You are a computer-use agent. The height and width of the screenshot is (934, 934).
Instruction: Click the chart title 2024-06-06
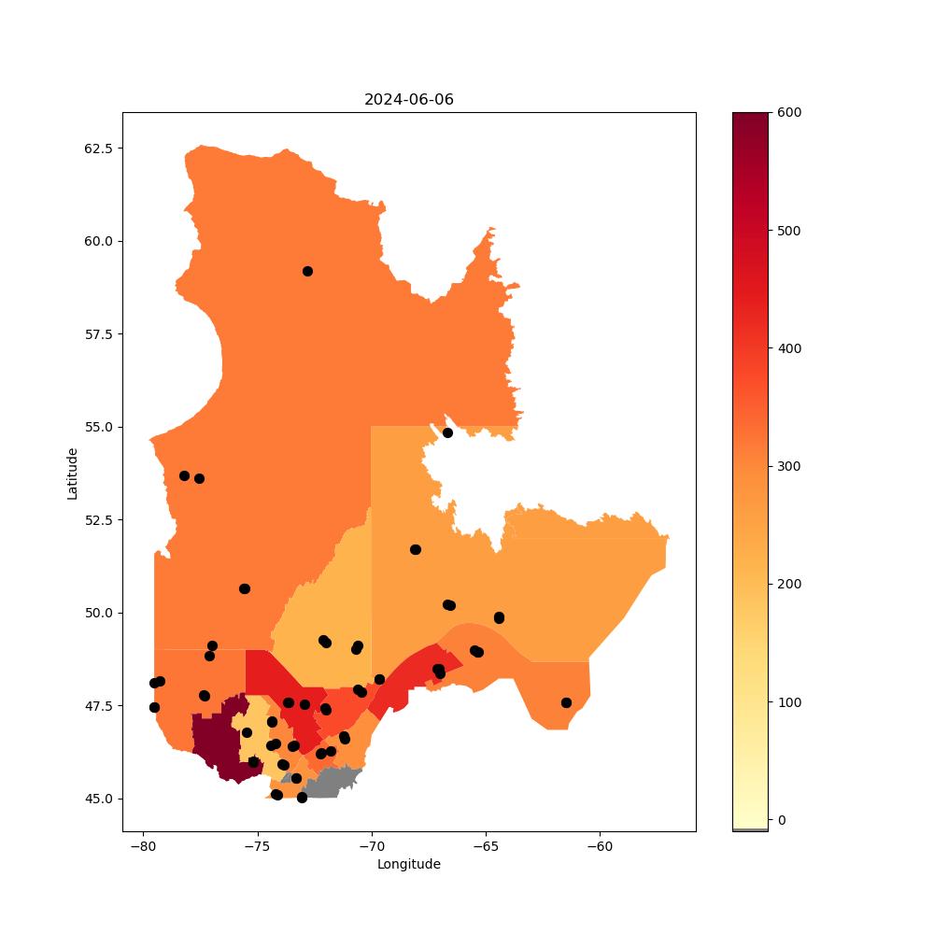click(x=409, y=100)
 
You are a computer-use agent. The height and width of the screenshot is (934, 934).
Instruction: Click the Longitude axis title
click(x=409, y=864)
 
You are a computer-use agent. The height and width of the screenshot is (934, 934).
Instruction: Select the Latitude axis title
click(x=72, y=474)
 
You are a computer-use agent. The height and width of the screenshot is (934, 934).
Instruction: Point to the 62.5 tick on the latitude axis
click(x=98, y=149)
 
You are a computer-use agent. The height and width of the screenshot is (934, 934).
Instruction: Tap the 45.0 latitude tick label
click(x=98, y=799)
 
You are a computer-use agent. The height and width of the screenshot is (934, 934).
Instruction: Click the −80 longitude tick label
click(x=143, y=847)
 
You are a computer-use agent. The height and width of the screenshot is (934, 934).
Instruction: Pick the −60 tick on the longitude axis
click(x=600, y=847)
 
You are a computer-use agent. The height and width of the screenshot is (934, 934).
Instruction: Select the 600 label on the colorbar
click(x=789, y=113)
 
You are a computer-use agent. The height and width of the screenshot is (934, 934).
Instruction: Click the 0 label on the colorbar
click(x=782, y=820)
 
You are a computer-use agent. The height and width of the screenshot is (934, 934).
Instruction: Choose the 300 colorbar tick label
click(x=789, y=466)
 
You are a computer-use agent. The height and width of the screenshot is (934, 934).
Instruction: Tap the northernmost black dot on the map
click(x=307, y=272)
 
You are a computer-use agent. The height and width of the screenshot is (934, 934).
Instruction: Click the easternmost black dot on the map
click(x=567, y=703)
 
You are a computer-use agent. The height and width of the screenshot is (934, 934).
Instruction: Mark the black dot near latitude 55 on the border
click(x=447, y=433)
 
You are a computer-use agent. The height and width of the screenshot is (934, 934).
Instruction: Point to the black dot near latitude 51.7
click(x=416, y=549)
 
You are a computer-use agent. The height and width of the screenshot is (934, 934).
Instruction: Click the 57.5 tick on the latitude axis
click(x=98, y=334)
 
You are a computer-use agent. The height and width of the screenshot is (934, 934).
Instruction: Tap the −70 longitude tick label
click(x=371, y=847)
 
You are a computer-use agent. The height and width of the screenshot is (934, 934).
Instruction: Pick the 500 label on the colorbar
click(x=789, y=231)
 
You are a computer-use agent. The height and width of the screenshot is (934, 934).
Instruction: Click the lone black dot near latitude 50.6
click(x=244, y=589)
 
